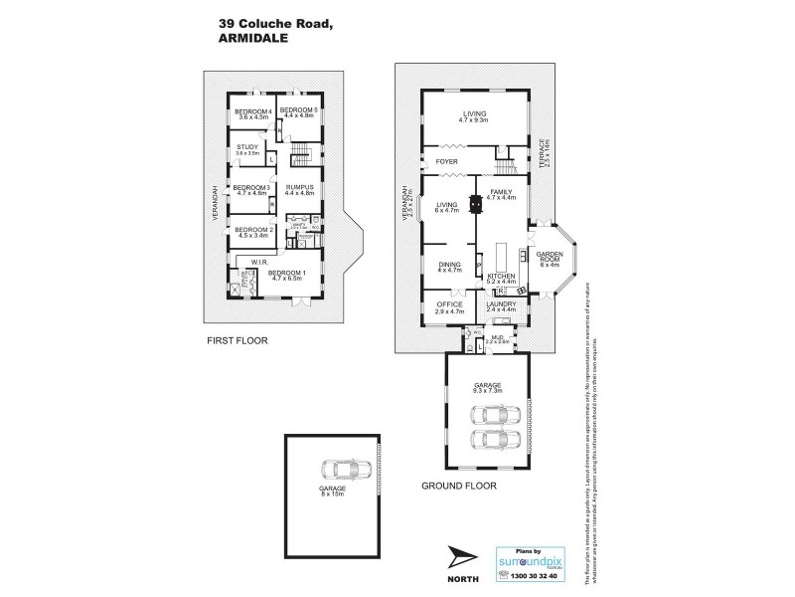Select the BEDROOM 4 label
252,111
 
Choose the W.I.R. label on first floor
261,264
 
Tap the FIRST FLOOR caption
238,340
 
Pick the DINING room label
450,264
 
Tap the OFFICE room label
450,304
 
